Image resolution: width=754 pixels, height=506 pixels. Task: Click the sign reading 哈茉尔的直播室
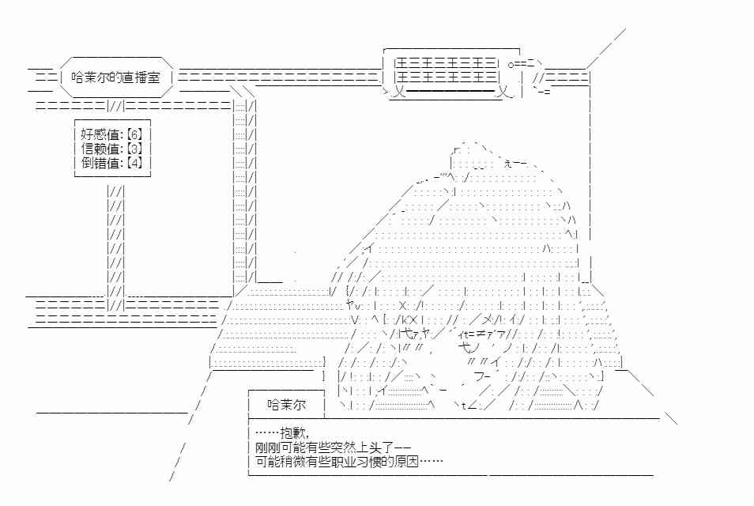115,77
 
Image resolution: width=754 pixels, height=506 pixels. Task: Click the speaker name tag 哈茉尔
287,405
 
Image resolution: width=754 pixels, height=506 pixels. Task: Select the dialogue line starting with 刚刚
333,447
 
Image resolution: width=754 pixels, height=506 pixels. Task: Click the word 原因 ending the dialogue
406,462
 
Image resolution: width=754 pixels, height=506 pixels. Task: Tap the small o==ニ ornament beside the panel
522,63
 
